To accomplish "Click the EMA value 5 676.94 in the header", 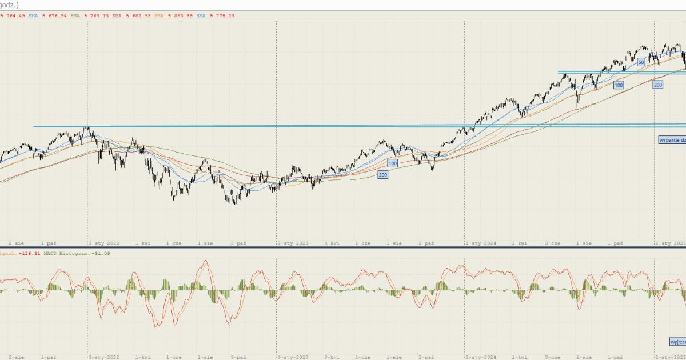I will [x=55, y=16].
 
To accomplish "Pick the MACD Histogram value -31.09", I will [x=102, y=253].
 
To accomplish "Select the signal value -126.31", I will [x=26, y=253].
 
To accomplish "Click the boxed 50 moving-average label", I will [x=641, y=62].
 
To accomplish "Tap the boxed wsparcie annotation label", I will [x=672, y=139].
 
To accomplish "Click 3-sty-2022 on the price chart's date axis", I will [x=104, y=243].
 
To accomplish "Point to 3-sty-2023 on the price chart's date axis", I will [x=293, y=243].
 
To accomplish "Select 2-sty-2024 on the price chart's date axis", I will [x=481, y=243].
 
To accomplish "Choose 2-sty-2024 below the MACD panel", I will [x=481, y=356].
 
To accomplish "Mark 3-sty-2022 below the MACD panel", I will [x=104, y=356].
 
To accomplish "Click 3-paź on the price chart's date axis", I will [x=238, y=243].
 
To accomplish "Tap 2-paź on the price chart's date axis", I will [x=426, y=243].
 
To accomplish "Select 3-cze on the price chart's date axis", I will [x=552, y=243].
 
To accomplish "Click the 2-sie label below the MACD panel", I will [x=16, y=356].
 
